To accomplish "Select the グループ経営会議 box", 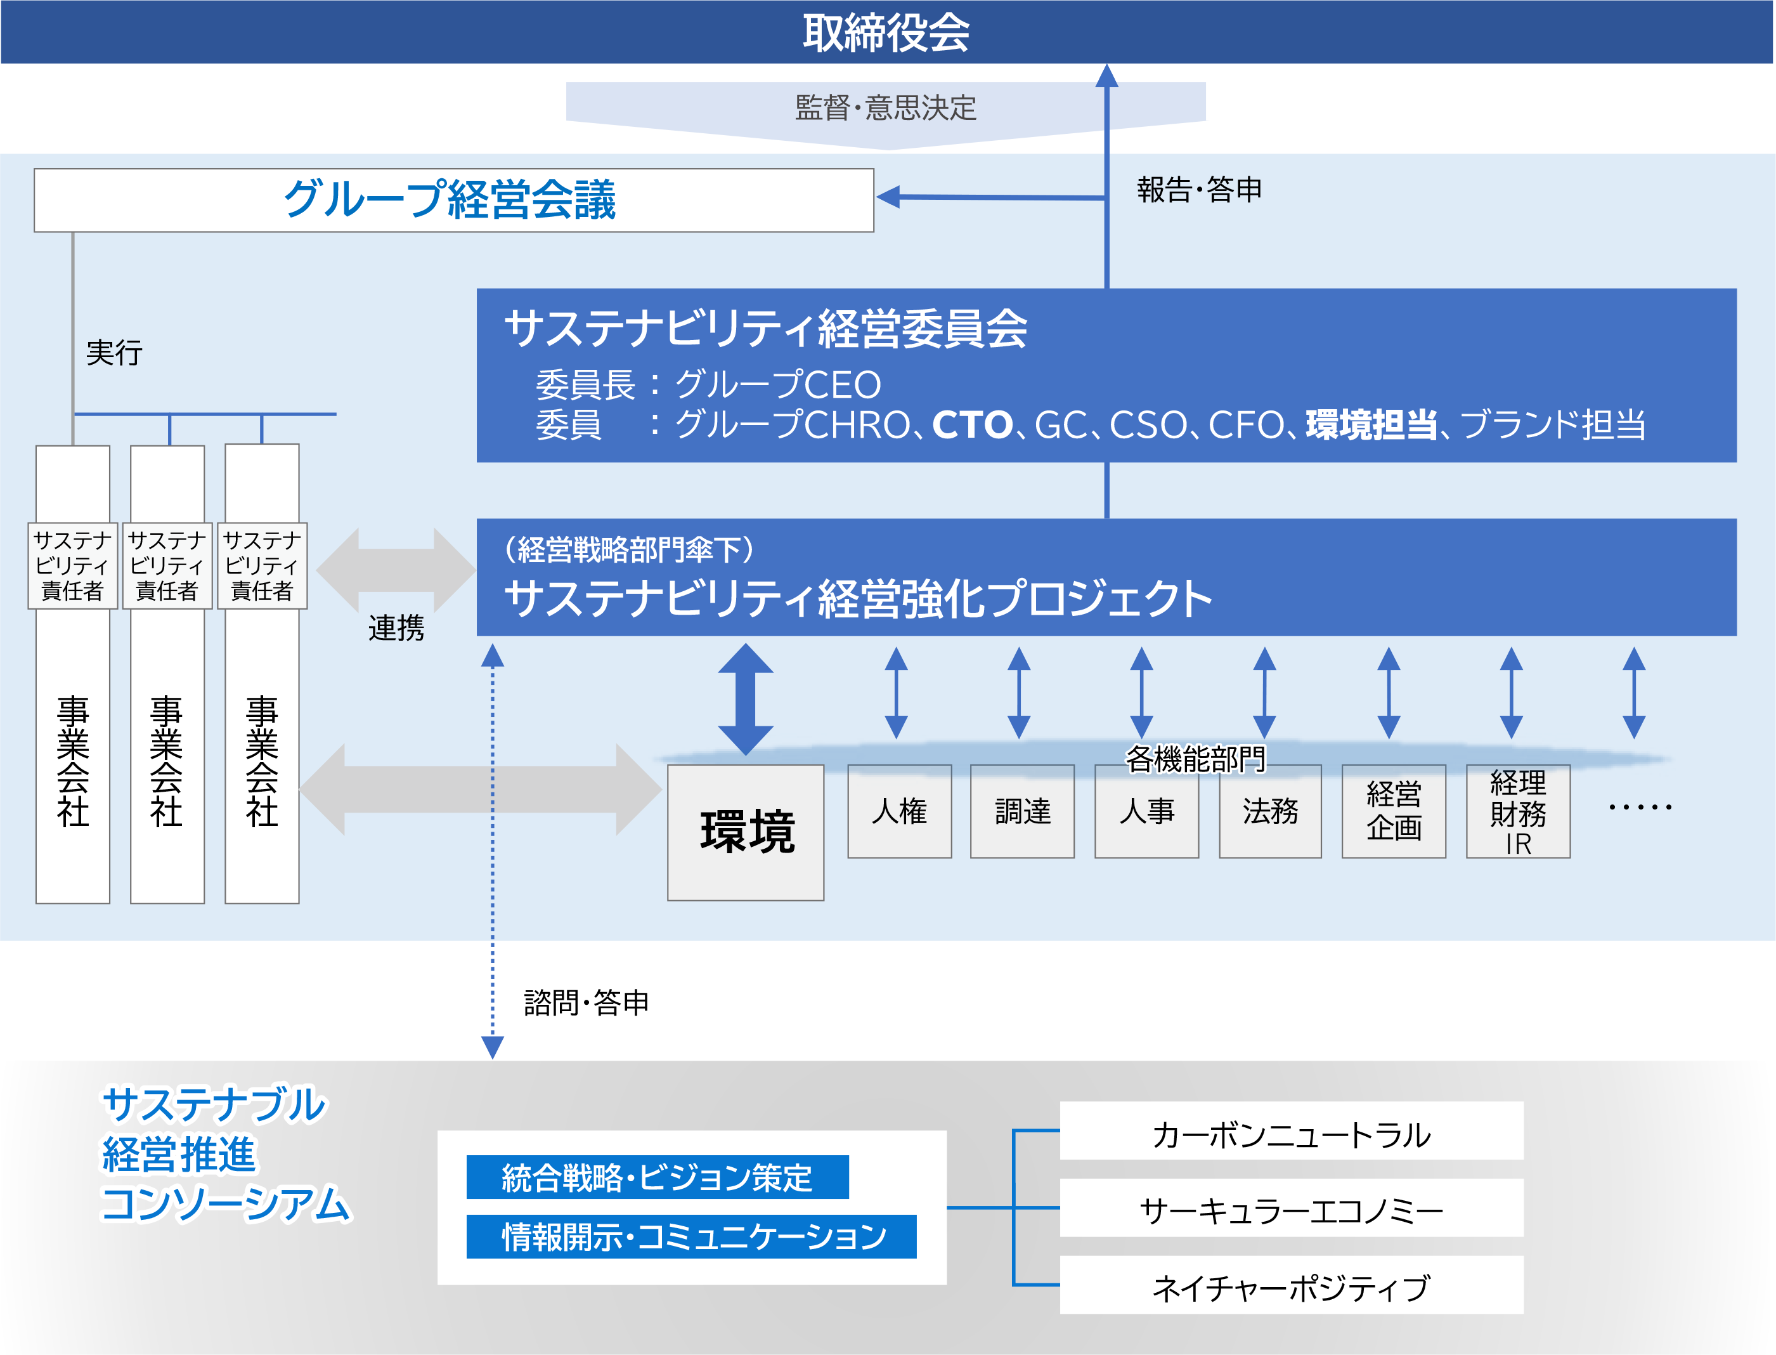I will coord(453,200).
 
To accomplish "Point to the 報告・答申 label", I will coord(1199,190).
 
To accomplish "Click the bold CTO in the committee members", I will coord(971,425).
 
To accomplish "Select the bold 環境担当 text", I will coord(1370,425).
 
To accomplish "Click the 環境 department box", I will coord(746,832).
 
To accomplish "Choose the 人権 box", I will coord(899,811).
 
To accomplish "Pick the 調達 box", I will coord(1022,811).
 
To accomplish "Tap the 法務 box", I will coord(1270,811).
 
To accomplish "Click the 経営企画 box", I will coord(1393,811).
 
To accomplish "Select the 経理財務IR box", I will coord(1517,811).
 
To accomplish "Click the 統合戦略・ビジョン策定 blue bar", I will coord(657,1177).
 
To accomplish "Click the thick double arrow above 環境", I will coord(746,698).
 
